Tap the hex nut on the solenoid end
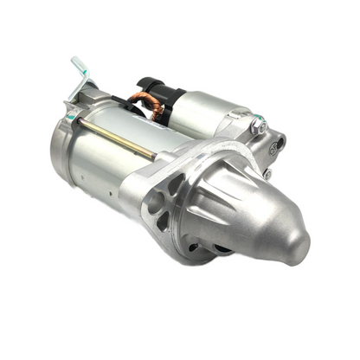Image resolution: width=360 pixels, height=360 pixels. pyautogui.click(x=257, y=126)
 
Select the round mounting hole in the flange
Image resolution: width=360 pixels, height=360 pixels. pyautogui.click(x=157, y=204)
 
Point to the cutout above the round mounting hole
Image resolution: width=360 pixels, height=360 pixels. pyautogui.click(x=173, y=184)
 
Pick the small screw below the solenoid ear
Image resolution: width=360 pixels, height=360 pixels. pyautogui.click(x=267, y=173)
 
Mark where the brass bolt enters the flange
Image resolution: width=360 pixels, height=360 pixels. pyautogui.click(x=155, y=157)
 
